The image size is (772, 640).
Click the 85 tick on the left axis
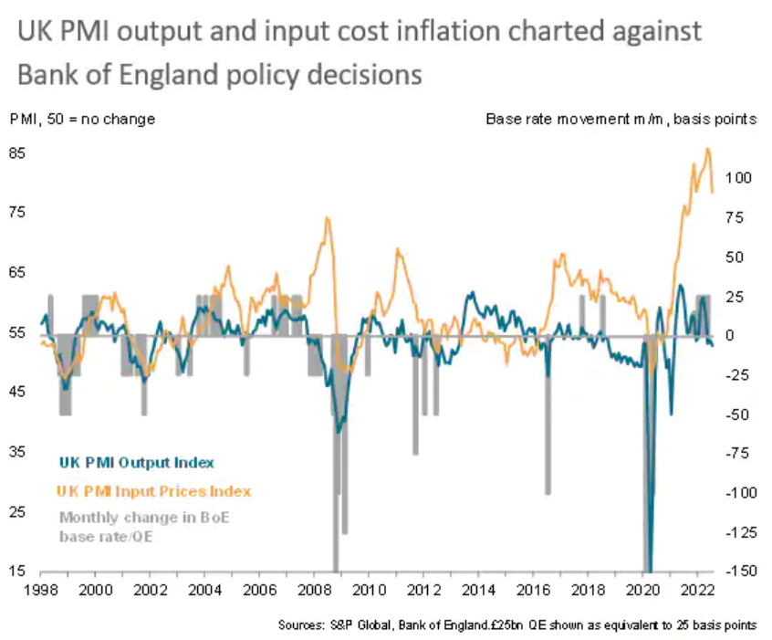(17, 152)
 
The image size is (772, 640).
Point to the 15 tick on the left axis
(17, 572)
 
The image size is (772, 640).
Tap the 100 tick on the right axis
(739, 178)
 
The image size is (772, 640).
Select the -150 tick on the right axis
(736, 572)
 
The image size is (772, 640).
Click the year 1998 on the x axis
(42, 590)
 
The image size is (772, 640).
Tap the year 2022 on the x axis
(697, 590)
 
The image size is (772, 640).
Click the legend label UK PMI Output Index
(137, 463)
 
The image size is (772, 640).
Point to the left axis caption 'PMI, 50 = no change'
(82, 119)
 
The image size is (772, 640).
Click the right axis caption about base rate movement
(621, 119)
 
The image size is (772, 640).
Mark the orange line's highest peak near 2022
(707, 149)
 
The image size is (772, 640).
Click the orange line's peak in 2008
(326, 217)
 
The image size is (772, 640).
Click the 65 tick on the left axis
(17, 272)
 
